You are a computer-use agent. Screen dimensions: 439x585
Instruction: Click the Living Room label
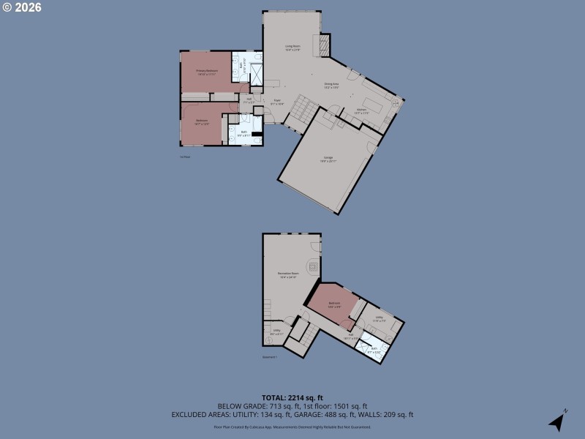(292, 48)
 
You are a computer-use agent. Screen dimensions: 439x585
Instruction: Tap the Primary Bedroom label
(207, 72)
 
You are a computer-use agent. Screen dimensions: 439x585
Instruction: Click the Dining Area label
(331, 86)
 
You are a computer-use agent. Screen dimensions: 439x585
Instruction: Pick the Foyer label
(277, 102)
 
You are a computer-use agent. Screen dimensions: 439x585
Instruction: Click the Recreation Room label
(287, 276)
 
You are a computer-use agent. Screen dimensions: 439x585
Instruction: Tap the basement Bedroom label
(334, 304)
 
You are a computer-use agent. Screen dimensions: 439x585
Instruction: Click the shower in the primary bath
(257, 74)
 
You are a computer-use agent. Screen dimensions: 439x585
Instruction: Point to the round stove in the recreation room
(313, 266)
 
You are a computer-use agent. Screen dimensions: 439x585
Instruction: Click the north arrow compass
(558, 421)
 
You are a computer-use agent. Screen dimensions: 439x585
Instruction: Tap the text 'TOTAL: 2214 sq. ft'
(292, 397)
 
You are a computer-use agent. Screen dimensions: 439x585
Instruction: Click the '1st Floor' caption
(185, 157)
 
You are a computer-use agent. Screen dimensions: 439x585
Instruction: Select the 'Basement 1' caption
(270, 357)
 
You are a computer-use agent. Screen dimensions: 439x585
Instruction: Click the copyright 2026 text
(22, 7)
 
